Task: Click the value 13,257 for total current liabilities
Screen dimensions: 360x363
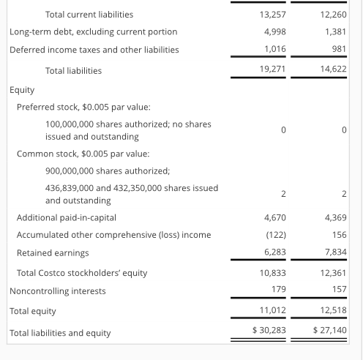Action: tap(272, 15)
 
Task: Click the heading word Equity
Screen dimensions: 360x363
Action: tap(22, 89)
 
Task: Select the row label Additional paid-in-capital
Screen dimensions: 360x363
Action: tap(67, 217)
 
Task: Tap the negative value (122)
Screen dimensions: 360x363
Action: tap(274, 235)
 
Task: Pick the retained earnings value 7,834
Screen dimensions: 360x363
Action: tap(334, 252)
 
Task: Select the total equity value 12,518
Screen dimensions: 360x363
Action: tap(332, 311)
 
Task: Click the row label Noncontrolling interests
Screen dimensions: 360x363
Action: tap(57, 290)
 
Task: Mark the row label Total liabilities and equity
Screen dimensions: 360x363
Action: tap(60, 333)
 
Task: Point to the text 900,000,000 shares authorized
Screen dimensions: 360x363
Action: tap(108, 170)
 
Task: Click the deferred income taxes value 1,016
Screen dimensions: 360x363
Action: tap(274, 50)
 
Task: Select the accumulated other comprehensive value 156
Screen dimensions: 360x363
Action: tap(338, 235)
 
